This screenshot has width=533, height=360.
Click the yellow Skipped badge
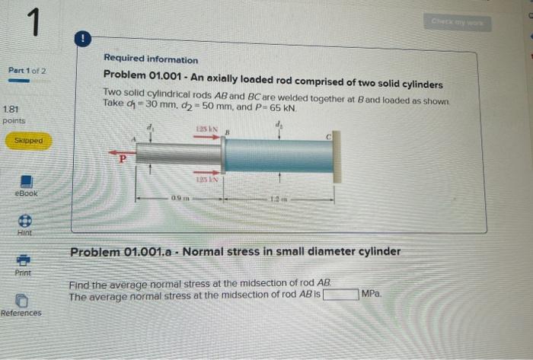pos(27,141)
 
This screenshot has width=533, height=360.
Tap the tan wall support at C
pos(337,155)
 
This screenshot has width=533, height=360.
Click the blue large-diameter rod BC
pos(278,155)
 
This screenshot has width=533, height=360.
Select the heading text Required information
pos(151,59)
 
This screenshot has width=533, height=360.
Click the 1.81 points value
pos(14,110)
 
